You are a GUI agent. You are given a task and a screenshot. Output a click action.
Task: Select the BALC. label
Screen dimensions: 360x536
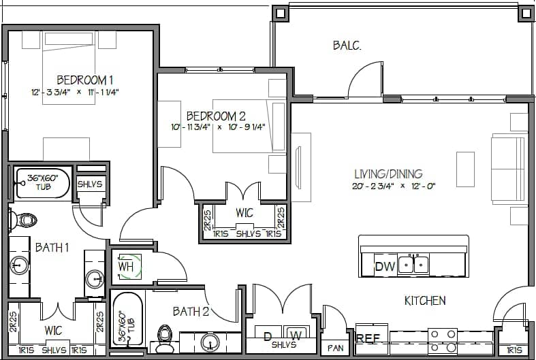coord(347,46)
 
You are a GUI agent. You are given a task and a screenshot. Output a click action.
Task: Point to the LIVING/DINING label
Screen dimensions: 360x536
coord(388,174)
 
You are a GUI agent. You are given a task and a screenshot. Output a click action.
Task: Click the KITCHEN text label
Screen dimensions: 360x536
coord(425,300)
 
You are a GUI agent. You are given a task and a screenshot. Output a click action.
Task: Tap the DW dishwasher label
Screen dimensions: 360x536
coord(385,266)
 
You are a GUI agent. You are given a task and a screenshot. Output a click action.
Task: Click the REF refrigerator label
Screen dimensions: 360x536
coord(368,338)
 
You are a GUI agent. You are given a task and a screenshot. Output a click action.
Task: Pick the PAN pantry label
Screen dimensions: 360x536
coord(336,348)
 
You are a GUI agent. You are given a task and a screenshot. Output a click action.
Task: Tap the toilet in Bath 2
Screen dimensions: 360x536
coord(164,336)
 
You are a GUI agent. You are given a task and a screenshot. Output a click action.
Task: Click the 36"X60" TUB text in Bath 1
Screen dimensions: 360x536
coord(43,182)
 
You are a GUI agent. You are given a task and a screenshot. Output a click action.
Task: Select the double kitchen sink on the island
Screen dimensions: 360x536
coord(413,263)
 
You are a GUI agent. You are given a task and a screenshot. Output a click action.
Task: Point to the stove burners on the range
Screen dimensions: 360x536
coord(443,337)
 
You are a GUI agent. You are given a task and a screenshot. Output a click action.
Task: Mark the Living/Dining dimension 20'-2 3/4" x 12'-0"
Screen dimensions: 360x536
coord(394,185)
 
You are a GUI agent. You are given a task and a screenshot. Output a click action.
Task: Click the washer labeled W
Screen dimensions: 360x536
coord(296,335)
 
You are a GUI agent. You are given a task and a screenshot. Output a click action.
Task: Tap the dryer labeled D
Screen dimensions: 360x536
coord(268,335)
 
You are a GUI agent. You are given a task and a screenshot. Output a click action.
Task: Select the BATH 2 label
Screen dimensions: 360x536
coord(191,312)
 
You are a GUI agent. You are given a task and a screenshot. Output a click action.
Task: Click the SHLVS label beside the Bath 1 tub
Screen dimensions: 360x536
coord(90,184)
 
